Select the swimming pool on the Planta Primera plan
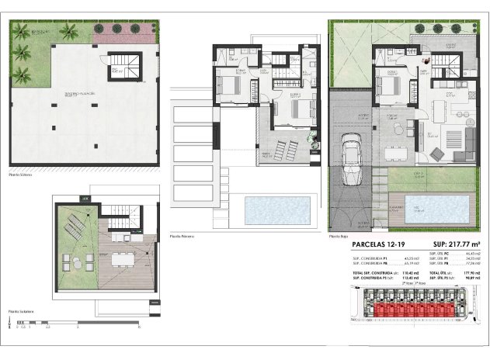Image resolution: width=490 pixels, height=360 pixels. pos(277,208)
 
